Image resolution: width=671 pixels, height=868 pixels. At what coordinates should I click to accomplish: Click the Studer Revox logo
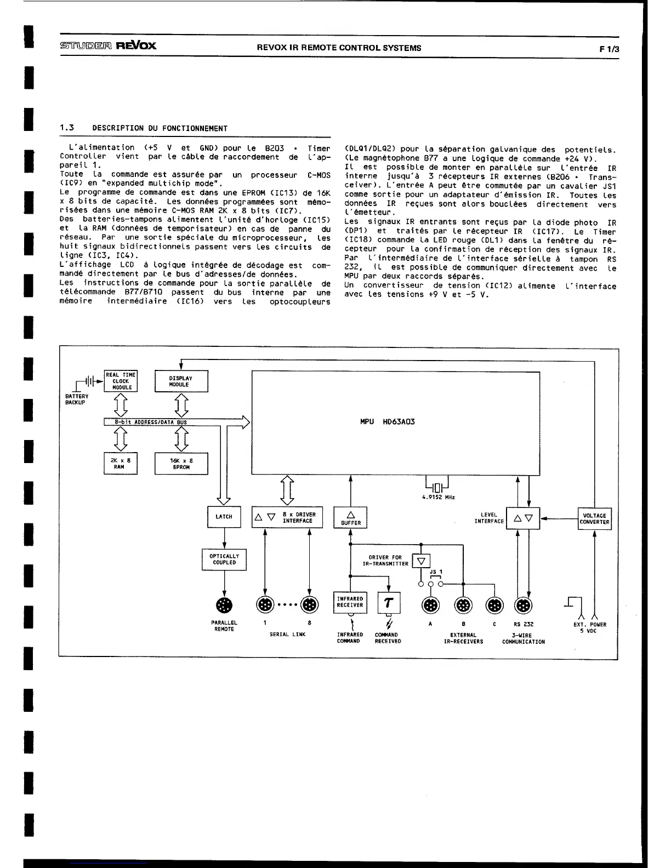click(107, 45)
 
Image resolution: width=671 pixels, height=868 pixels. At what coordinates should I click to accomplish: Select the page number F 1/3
click(609, 48)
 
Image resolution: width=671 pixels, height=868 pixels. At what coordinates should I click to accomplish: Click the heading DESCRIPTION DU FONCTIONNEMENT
click(160, 128)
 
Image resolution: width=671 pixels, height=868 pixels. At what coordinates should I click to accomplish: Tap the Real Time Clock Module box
click(121, 381)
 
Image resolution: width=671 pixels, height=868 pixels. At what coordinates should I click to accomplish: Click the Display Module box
click(181, 381)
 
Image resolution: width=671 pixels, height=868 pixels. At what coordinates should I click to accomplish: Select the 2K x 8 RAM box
click(120, 464)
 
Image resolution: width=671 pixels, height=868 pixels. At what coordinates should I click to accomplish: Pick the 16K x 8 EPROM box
click(181, 464)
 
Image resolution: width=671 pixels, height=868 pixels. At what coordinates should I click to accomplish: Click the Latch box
click(224, 517)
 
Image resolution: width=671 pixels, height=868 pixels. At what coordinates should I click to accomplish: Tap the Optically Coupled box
click(224, 559)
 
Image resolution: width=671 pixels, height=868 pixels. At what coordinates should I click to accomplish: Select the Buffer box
click(350, 517)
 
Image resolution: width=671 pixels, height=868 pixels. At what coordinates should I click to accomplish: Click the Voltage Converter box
click(594, 519)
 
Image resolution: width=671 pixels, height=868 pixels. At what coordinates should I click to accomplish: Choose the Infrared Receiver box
click(350, 602)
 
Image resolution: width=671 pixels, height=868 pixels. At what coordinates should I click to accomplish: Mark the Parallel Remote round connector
click(224, 605)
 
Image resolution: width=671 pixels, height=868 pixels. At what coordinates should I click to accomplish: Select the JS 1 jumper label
click(436, 572)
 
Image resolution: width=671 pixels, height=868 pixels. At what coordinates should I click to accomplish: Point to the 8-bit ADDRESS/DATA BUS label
click(151, 422)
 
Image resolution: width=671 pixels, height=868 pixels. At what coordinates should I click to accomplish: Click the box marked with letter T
click(389, 603)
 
